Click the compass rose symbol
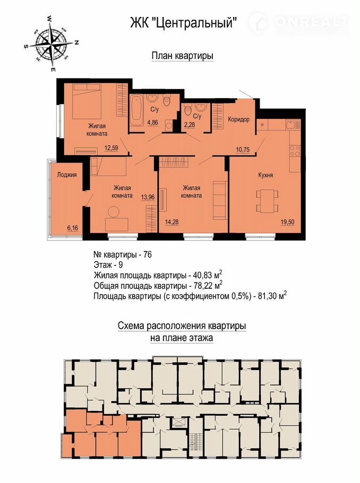click(51, 44)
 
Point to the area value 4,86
click(152, 123)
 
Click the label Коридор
click(238, 119)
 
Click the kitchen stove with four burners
click(295, 151)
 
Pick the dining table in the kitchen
click(267, 201)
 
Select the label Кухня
click(265, 175)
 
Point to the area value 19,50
click(287, 222)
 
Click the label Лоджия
click(66, 175)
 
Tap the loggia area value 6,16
click(72, 228)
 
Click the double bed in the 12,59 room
click(87, 102)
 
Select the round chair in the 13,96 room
click(114, 212)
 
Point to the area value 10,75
click(243, 150)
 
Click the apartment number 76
click(147, 255)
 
